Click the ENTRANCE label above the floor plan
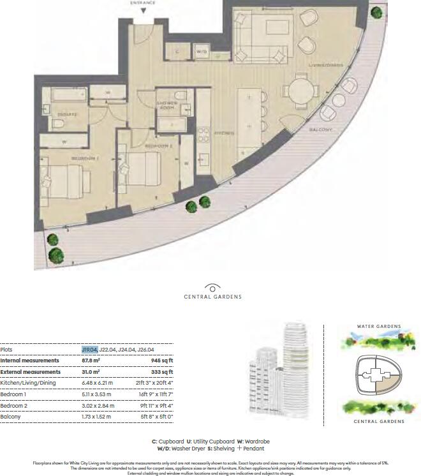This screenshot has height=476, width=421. point(143,3)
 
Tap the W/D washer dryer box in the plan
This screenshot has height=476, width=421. point(202,50)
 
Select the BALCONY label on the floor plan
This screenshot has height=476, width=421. point(321,130)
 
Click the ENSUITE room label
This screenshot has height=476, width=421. point(67,115)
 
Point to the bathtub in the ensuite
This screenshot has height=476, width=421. point(64,96)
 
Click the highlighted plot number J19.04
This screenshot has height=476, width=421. point(89,350)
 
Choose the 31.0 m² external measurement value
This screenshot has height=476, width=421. point(91,371)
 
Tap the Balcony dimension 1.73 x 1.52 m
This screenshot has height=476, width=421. point(96,416)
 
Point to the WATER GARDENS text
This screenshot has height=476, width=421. point(379,327)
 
